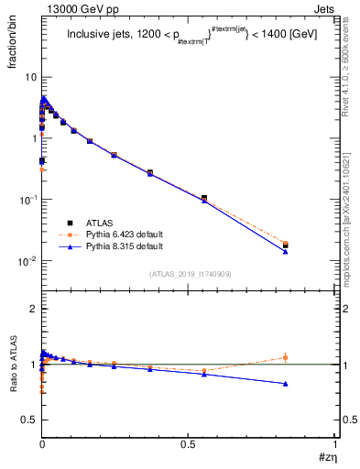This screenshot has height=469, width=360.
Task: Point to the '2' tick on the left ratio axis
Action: [x=32, y=310]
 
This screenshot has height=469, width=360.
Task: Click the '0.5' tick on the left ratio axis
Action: [x=28, y=420]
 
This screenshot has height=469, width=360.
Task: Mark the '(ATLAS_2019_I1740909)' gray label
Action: [x=189, y=274]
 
